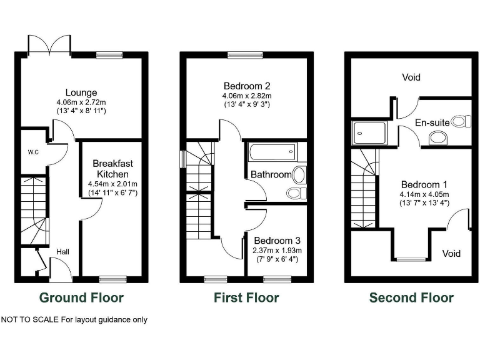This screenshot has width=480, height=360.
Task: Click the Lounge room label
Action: tap(82, 93)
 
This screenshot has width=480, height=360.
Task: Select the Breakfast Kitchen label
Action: tap(113, 169)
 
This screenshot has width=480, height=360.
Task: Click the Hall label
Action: tap(63, 251)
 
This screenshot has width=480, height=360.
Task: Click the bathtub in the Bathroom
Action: tap(272, 152)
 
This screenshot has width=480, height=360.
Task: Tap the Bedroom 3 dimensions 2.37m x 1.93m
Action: tap(277, 251)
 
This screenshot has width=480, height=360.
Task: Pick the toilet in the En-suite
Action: tap(460, 121)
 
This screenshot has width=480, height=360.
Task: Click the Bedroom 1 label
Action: tap(424, 184)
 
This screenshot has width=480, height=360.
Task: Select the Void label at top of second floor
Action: tap(411, 77)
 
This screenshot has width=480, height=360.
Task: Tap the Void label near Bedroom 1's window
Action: tap(451, 253)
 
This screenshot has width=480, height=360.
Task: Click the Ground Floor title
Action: tap(81, 297)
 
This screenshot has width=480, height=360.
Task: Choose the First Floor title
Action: tap(246, 297)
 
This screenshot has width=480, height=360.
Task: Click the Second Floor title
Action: tap(411, 297)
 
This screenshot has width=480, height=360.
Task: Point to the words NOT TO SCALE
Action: tap(29, 320)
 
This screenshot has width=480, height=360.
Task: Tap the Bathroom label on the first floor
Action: tap(271, 174)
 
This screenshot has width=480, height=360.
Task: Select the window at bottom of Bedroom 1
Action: tap(411, 259)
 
